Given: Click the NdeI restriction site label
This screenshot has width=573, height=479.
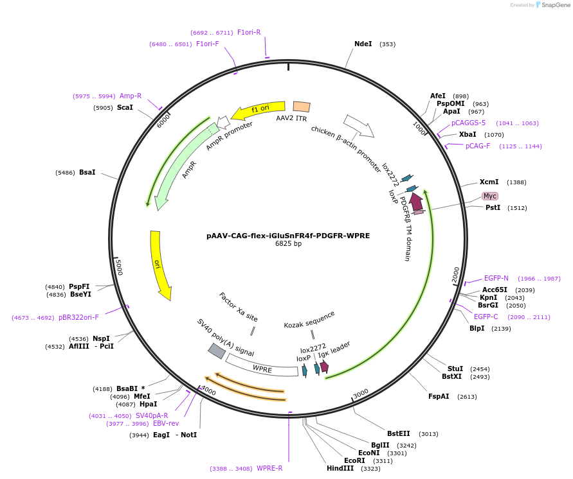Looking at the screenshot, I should (363, 44).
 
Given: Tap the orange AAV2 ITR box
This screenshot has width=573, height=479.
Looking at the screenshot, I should (302, 107).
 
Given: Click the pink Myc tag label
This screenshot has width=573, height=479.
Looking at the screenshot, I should (490, 196).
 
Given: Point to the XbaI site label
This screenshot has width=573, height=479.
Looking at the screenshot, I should (468, 135).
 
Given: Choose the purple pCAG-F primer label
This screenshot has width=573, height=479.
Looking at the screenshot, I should (478, 146).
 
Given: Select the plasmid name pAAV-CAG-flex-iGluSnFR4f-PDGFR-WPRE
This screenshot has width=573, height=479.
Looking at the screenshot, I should (288, 236).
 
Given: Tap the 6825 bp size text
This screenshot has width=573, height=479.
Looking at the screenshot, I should (288, 244).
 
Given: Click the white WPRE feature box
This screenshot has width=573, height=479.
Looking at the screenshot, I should (257, 367).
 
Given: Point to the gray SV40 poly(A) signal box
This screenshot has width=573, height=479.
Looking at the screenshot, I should (217, 351).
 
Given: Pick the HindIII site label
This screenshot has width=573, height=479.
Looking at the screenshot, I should (340, 469).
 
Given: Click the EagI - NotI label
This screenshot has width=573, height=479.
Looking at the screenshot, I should (175, 435).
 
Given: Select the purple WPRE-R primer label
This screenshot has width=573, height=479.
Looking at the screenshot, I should (269, 468).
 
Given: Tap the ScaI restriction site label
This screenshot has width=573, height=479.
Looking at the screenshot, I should (125, 107).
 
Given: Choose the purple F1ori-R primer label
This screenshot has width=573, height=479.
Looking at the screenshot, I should (249, 32).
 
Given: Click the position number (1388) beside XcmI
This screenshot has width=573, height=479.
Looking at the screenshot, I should (516, 182).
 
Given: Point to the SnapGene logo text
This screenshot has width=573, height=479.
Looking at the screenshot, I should (556, 5).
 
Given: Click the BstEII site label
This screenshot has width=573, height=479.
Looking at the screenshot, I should (398, 433).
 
